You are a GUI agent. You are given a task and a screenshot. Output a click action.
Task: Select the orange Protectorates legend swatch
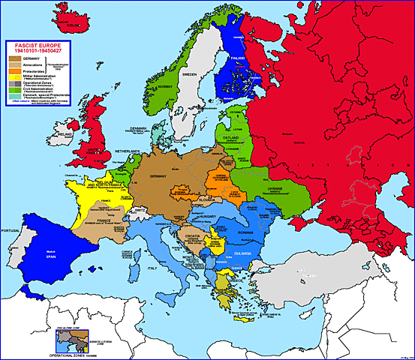(14, 72)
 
